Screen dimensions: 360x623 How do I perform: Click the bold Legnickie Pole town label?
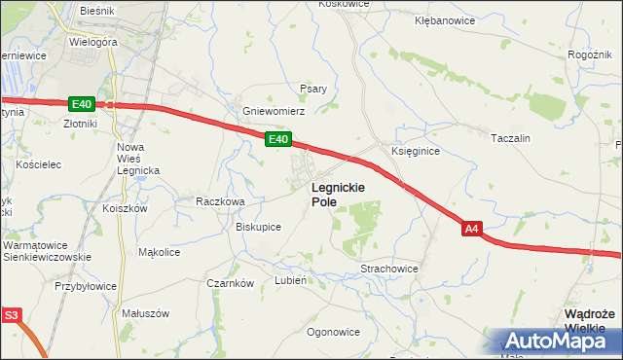[338, 194]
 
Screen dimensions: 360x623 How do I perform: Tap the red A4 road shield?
[471, 229]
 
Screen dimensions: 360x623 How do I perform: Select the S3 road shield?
[11, 315]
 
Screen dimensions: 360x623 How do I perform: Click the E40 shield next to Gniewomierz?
[277, 140]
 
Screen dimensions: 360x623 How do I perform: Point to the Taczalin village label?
[510, 138]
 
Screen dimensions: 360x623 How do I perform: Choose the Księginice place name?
[416, 152]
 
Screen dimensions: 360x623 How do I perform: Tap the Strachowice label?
[389, 268]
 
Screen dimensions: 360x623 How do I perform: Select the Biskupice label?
[258, 227]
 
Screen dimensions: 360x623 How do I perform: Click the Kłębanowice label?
[445, 19]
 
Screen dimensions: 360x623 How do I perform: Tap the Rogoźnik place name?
[588, 54]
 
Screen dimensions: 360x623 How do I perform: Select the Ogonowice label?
[333, 332]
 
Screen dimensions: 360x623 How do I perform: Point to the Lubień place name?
[291, 279]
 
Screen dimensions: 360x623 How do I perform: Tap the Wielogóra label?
[93, 44]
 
